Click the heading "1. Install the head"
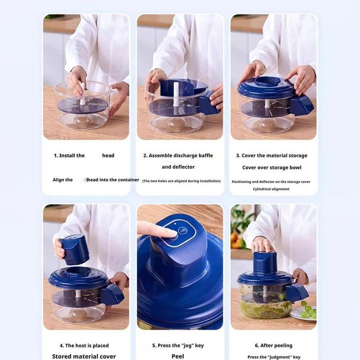click(x=84, y=155)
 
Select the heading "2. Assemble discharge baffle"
click(x=178, y=155)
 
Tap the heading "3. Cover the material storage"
click(x=272, y=155)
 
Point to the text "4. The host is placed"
click(x=84, y=346)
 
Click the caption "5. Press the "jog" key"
click(x=178, y=346)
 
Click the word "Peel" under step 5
click(x=178, y=356)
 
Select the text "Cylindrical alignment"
click(x=271, y=189)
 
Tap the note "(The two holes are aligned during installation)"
click(x=181, y=181)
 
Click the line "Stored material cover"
click(x=84, y=356)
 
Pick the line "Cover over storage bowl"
click(x=272, y=167)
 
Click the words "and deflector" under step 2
click(x=178, y=167)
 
